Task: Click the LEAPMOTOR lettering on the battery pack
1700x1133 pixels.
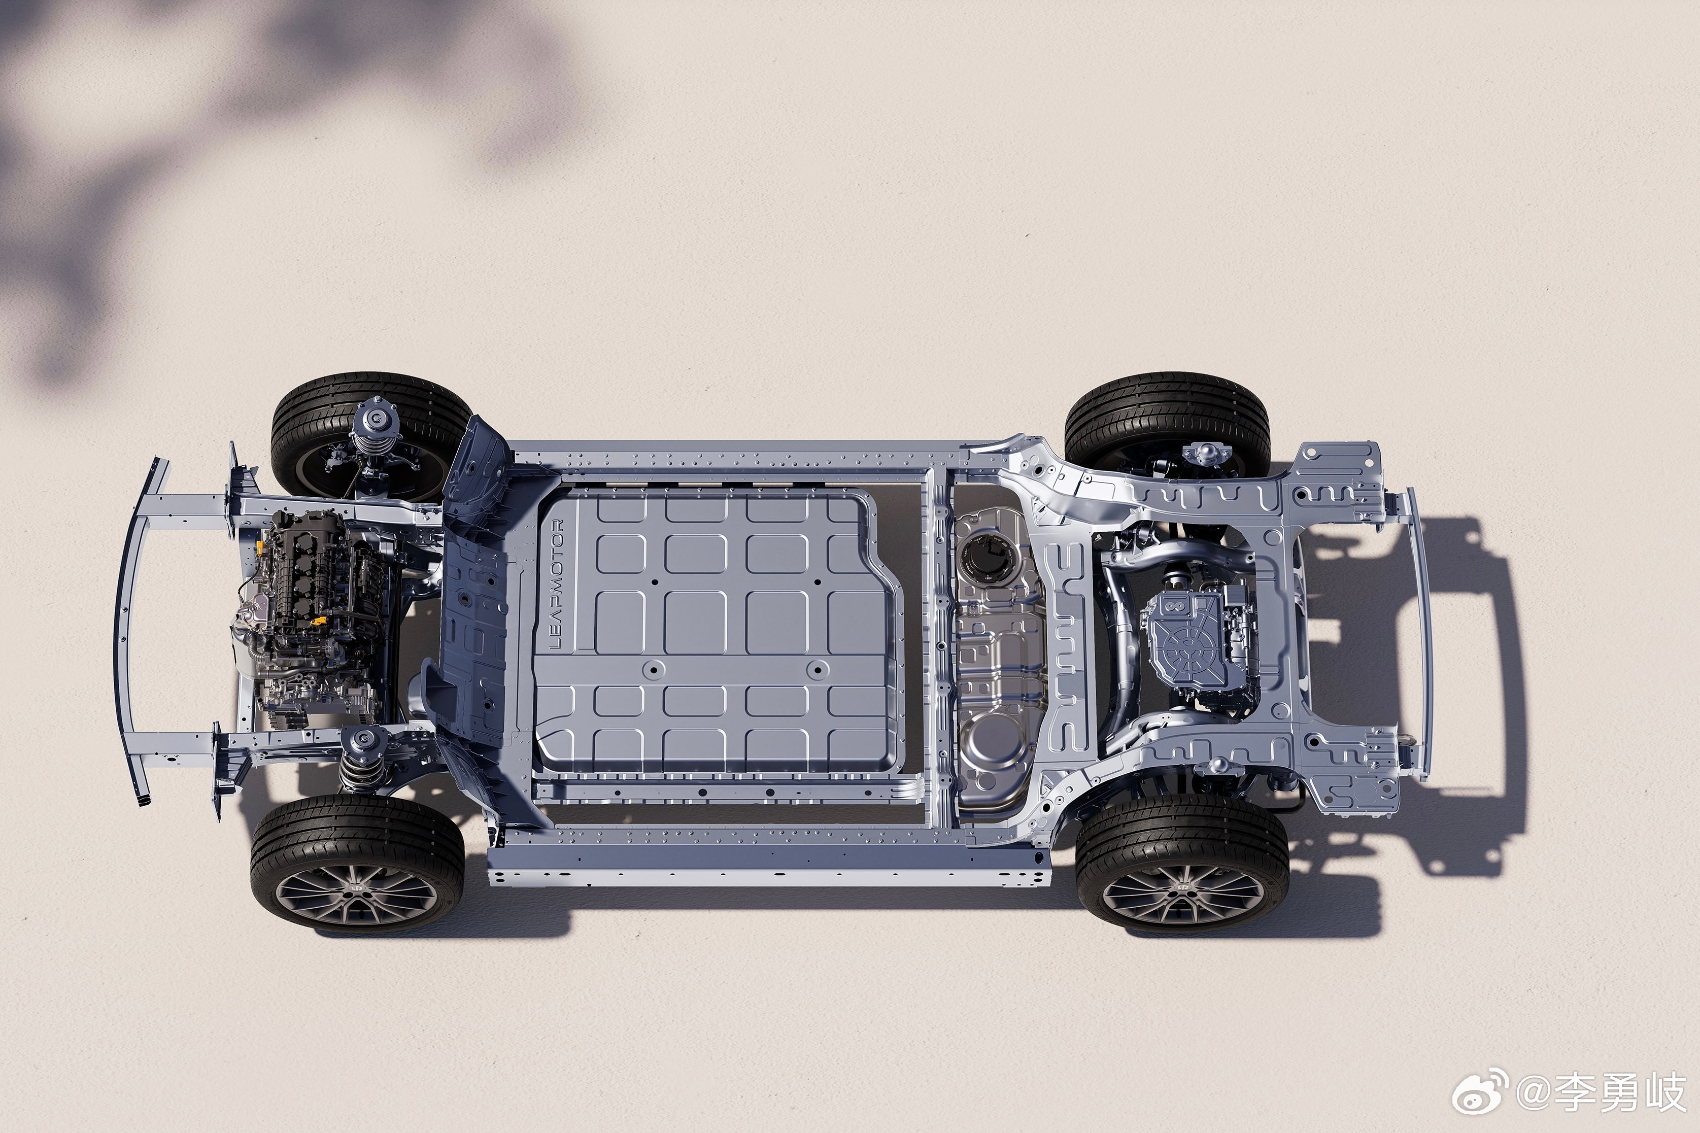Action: click(x=556, y=584)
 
